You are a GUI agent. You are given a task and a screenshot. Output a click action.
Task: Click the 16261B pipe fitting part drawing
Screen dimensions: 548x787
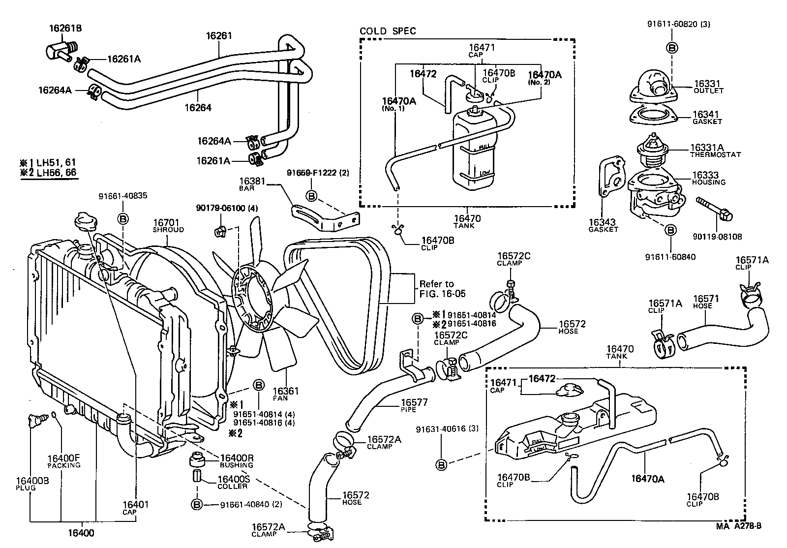[x=60, y=50]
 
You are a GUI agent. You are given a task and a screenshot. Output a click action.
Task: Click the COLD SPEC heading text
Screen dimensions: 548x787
[x=388, y=31]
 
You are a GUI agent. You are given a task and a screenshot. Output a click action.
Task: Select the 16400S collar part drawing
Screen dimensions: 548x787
[x=196, y=477]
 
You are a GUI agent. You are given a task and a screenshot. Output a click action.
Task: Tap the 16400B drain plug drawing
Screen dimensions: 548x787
[x=35, y=421]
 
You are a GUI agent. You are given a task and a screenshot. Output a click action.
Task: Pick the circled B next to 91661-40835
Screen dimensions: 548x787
[x=123, y=218]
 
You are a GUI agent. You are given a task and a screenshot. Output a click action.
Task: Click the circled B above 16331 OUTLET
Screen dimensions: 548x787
[x=672, y=48]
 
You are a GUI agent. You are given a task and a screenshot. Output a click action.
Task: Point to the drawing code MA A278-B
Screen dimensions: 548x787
[x=738, y=526]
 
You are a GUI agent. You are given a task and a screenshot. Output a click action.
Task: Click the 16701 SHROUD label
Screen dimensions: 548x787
[x=168, y=226]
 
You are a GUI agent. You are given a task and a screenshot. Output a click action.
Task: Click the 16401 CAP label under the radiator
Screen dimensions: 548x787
[x=135, y=507]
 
